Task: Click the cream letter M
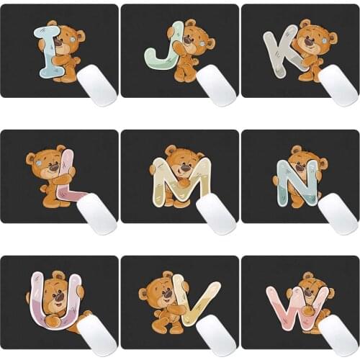(180, 180)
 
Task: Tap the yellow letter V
(194, 302)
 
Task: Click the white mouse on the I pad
(96, 84)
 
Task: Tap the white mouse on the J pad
(216, 84)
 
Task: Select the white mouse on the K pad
(338, 84)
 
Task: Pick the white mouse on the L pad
(96, 212)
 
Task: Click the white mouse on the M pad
(216, 212)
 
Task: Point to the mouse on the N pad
(338, 212)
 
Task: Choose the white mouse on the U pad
(96, 336)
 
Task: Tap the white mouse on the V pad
(216, 336)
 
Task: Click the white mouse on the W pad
(338, 336)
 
